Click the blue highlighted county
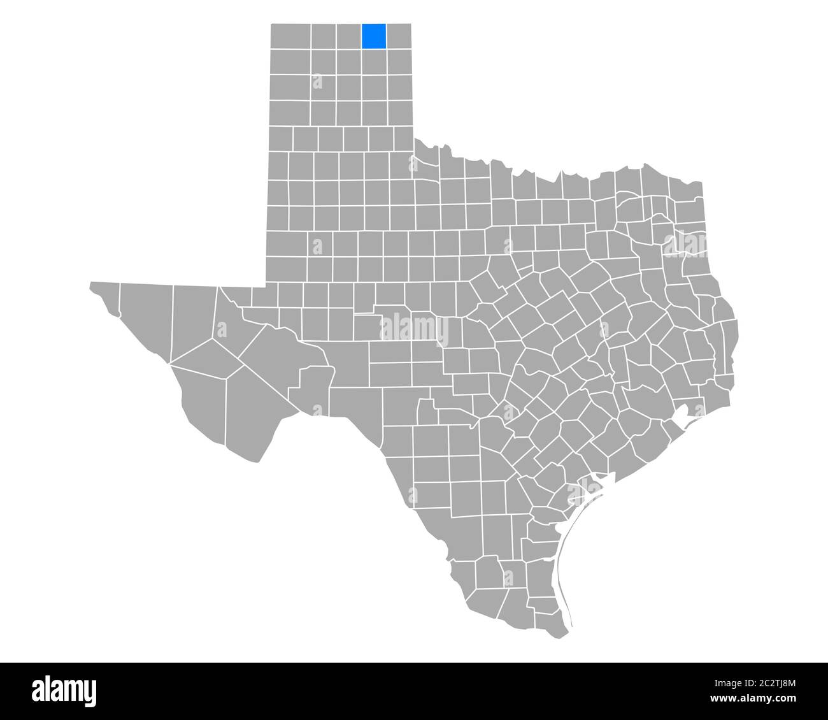(374, 36)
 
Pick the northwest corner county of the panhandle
(291, 36)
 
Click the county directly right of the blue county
(399, 36)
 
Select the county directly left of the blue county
(349, 36)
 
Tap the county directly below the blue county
(374, 61)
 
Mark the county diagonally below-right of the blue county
(399, 61)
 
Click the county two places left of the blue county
(324, 36)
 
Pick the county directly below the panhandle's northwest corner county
(291, 61)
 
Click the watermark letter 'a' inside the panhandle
(317, 81)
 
